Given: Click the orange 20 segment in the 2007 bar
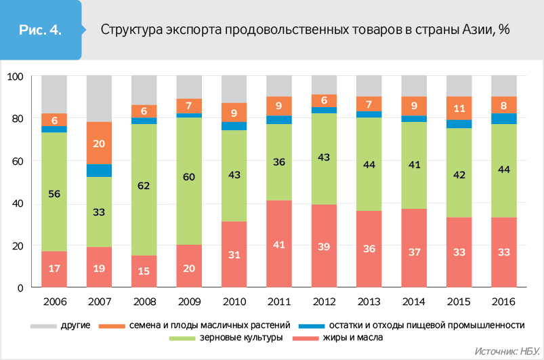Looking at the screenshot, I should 99,143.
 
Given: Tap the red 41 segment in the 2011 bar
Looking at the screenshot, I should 278,244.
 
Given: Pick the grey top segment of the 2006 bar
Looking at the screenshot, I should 54,94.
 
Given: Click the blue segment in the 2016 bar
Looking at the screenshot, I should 503,119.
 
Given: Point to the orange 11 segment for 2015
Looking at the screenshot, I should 459,108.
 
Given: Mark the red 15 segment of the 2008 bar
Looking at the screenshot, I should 144,271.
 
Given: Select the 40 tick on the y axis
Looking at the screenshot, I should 18,203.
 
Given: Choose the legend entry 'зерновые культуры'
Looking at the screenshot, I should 239,338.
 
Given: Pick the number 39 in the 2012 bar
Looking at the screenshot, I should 324,245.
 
